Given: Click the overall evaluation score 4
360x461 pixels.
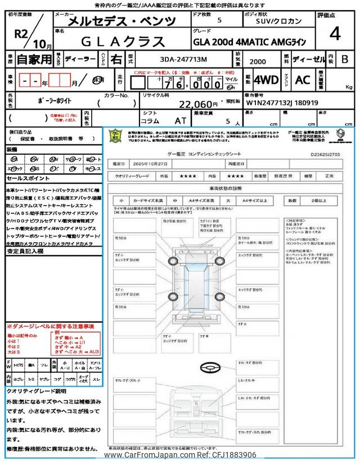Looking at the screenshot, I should (x=335, y=34).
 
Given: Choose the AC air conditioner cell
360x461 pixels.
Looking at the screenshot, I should (x=303, y=80).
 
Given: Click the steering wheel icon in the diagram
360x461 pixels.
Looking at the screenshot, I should (x=210, y=368).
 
